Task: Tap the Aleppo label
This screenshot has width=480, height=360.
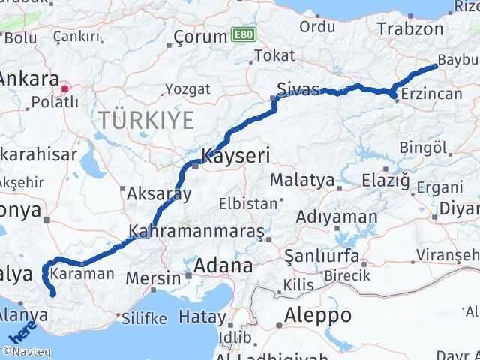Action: tap(319, 314)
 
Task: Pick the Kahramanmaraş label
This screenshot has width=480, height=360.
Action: tap(196, 232)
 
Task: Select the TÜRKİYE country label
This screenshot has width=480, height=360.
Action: tap(143, 119)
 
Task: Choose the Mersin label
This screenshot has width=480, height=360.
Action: tap(153, 277)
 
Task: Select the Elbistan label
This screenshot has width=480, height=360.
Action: tap(247, 203)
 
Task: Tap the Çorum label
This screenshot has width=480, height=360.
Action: tap(199, 37)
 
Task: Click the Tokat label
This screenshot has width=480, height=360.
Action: tap(270, 55)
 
